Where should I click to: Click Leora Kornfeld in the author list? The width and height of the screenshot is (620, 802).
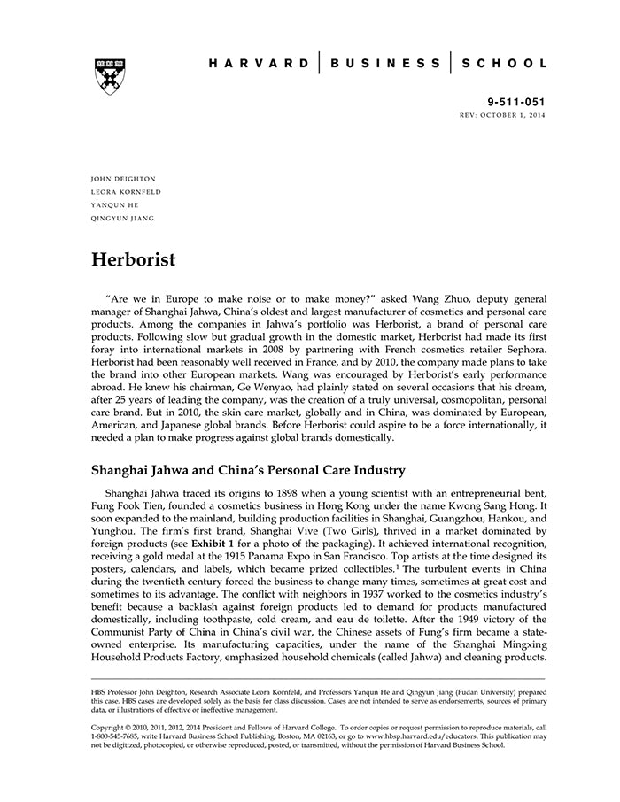point(127,192)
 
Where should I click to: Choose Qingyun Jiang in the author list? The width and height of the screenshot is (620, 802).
point(123,218)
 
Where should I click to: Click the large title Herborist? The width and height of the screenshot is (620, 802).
point(134,260)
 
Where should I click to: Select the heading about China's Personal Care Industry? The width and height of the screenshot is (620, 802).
point(248,469)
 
